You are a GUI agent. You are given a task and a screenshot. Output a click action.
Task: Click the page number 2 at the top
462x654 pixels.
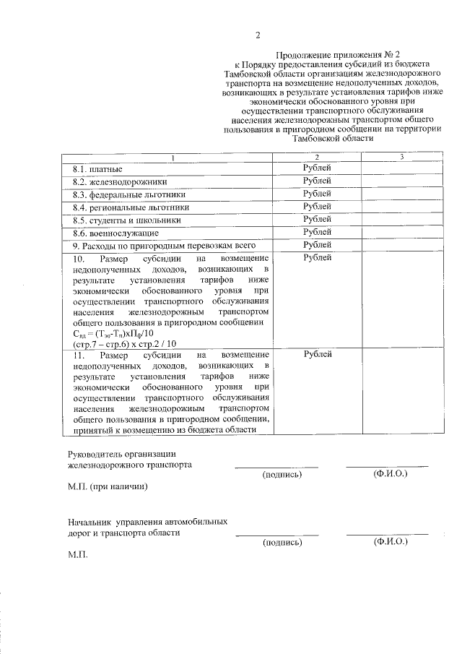coord(257,35)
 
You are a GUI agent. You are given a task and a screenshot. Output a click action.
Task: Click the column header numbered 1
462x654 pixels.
coord(171,158)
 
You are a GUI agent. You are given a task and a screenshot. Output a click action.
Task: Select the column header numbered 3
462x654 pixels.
coord(401,158)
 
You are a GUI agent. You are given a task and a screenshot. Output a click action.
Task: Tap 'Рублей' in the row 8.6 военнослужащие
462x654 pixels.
coord(317,233)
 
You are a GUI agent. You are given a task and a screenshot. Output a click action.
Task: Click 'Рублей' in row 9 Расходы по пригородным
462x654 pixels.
coord(317,246)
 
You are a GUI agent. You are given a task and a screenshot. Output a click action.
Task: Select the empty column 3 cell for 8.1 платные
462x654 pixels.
coord(401,168)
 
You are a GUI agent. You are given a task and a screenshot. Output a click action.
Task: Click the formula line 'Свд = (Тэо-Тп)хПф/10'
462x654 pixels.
coord(114,333)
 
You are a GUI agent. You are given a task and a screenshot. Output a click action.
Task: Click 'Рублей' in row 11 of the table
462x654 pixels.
coord(317,355)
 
